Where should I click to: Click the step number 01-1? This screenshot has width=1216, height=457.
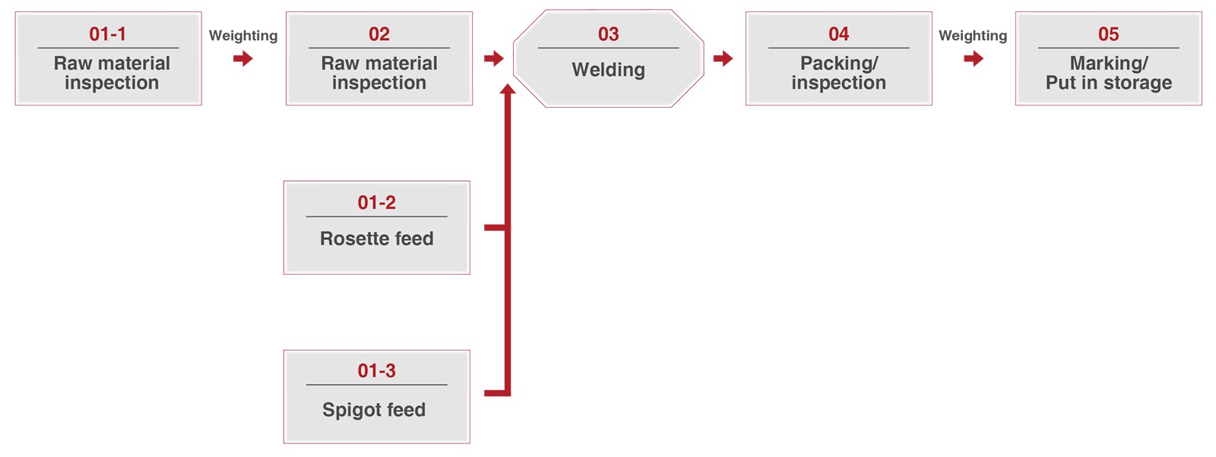tap(107, 34)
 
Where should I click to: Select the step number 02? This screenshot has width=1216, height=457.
tap(379, 34)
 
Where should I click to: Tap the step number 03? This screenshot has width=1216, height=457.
tap(608, 34)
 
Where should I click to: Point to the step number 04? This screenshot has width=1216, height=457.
tap(838, 34)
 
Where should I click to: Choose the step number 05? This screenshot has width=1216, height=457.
tap(1108, 34)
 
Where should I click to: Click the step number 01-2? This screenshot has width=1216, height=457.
tap(376, 203)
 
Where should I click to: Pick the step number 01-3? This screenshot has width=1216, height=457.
tap(376, 370)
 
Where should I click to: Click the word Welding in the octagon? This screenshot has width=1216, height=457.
tap(608, 70)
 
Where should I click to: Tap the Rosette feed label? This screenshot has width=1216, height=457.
tap(376, 238)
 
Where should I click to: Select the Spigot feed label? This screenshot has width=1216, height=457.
tap(373, 411)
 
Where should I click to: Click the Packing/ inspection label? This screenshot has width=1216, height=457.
tap(838, 73)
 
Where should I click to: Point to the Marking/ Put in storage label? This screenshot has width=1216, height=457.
tap(1109, 73)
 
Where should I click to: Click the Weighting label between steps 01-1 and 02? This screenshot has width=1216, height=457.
tap(243, 36)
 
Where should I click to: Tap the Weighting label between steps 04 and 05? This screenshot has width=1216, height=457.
tap(973, 36)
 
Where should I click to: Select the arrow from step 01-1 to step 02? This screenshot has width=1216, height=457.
tap(243, 58)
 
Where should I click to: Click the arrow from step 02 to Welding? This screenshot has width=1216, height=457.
tap(494, 58)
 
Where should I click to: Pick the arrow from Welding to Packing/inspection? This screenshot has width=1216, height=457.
tap(723, 58)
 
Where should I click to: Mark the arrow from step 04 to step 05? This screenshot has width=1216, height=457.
tap(974, 58)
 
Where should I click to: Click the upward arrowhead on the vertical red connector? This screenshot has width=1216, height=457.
tap(508, 90)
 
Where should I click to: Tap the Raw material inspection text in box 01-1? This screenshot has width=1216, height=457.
tap(112, 73)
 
